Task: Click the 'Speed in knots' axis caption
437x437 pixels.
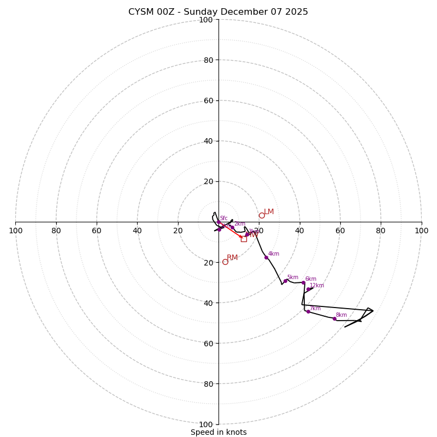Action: pos(218,432)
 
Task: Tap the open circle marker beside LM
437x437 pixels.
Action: pos(262,215)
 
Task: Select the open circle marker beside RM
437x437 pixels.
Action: pos(225,262)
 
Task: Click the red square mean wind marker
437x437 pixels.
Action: pos(244,239)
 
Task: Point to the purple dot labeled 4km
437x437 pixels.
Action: pos(267,257)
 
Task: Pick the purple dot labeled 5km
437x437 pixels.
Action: pos(285,281)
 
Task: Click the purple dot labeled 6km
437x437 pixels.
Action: pos(304,282)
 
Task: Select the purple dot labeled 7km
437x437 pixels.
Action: pos(308,311)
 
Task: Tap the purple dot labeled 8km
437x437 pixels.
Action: pos(334,318)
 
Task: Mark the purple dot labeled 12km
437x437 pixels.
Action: pos(308,289)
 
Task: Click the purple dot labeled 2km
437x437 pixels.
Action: pos(232,227)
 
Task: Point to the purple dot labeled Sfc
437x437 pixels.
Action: pos(220,229)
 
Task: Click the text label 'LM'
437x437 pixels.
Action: pos(269,212)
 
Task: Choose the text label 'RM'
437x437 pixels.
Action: pos(232,258)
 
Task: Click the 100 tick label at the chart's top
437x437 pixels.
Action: pos(206,20)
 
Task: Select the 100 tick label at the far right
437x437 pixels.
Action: pos(421,231)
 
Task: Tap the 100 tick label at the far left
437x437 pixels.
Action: pos(15,231)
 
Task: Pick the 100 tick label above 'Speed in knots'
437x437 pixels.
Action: pos(206,424)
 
